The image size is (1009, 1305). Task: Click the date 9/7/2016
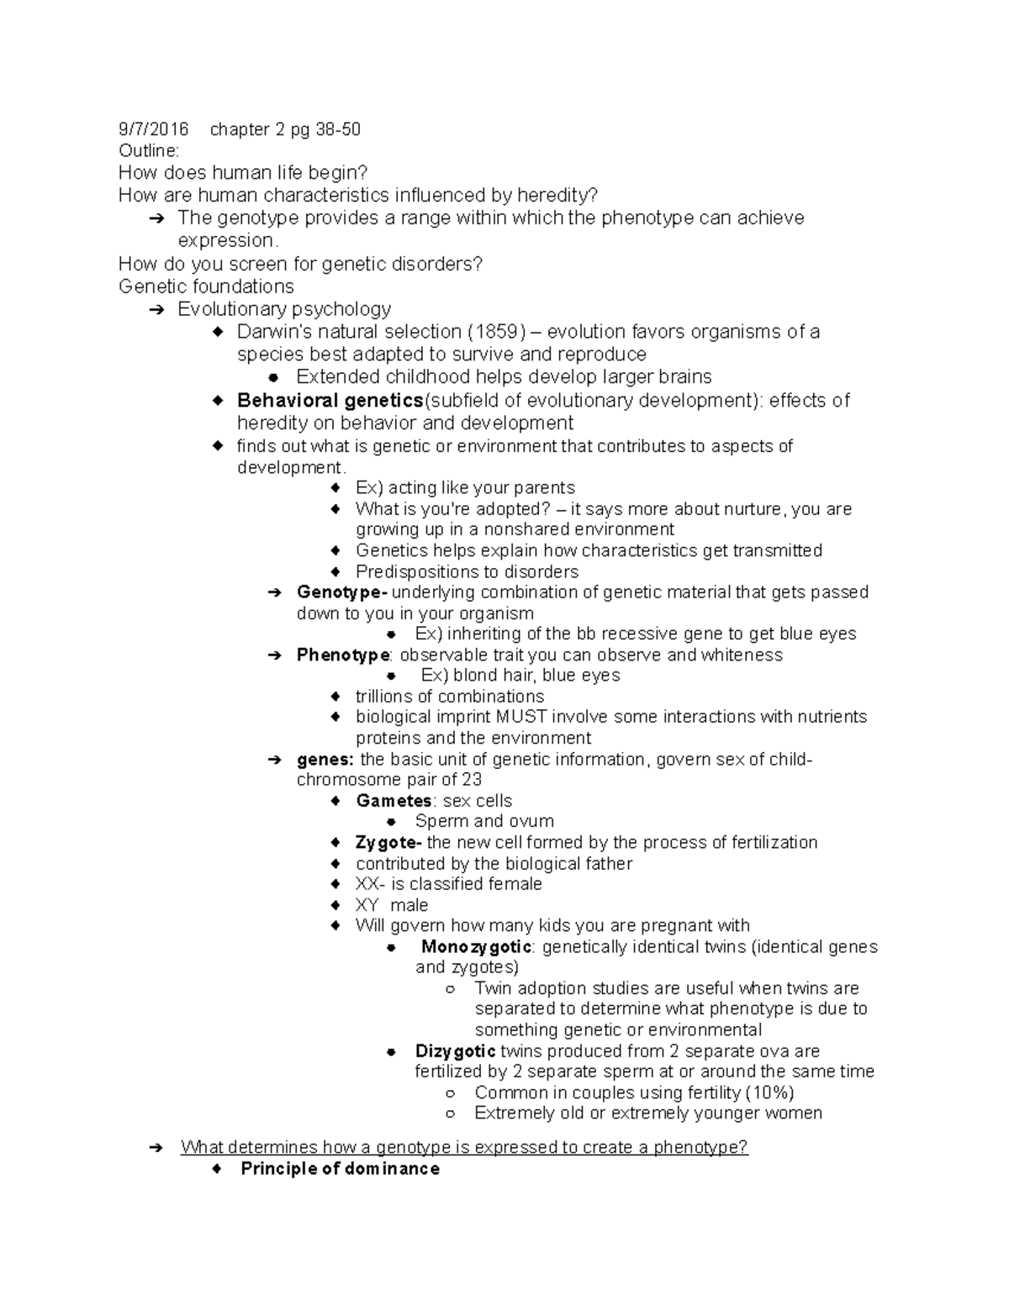coord(153,129)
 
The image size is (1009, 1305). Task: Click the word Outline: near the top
coord(149,151)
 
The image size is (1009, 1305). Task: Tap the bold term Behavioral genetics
coord(330,400)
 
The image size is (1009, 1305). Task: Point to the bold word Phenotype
coord(343,655)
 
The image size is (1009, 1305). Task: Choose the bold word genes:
coord(325,760)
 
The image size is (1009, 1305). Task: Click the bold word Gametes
coord(394,801)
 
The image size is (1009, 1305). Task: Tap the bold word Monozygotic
coord(476,947)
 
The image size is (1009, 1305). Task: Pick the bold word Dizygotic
coord(455,1051)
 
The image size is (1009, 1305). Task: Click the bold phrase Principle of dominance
coord(340,1169)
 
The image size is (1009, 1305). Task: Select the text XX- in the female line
coord(371,884)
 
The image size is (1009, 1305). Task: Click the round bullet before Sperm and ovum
coord(391,822)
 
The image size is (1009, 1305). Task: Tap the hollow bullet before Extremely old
coord(451,1114)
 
